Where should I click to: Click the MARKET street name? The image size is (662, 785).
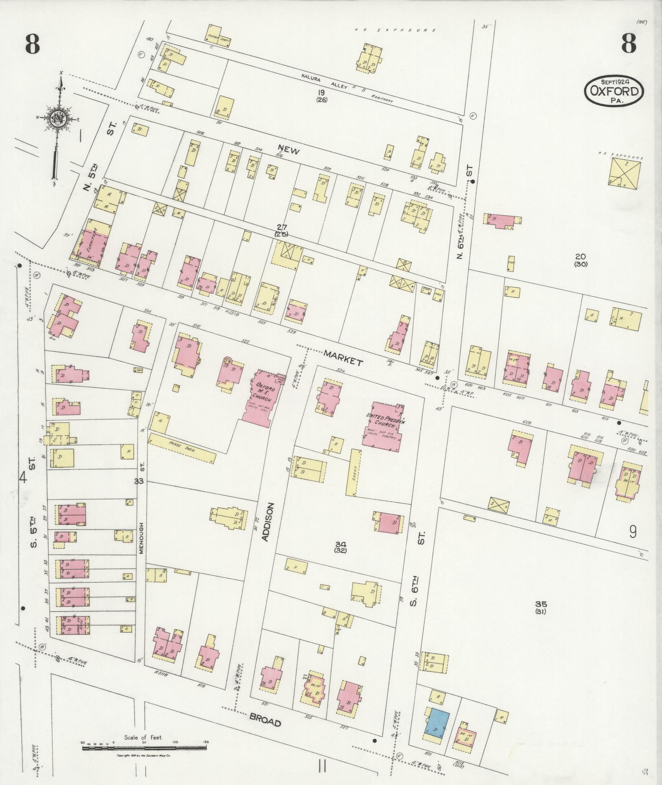pos(343,357)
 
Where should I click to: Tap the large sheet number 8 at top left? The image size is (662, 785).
pos(32,44)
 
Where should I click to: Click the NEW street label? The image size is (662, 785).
pos(289,150)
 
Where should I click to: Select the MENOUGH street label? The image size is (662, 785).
pos(142,538)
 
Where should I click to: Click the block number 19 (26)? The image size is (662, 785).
pos(321,96)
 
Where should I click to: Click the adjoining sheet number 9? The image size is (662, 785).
pos(632,532)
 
